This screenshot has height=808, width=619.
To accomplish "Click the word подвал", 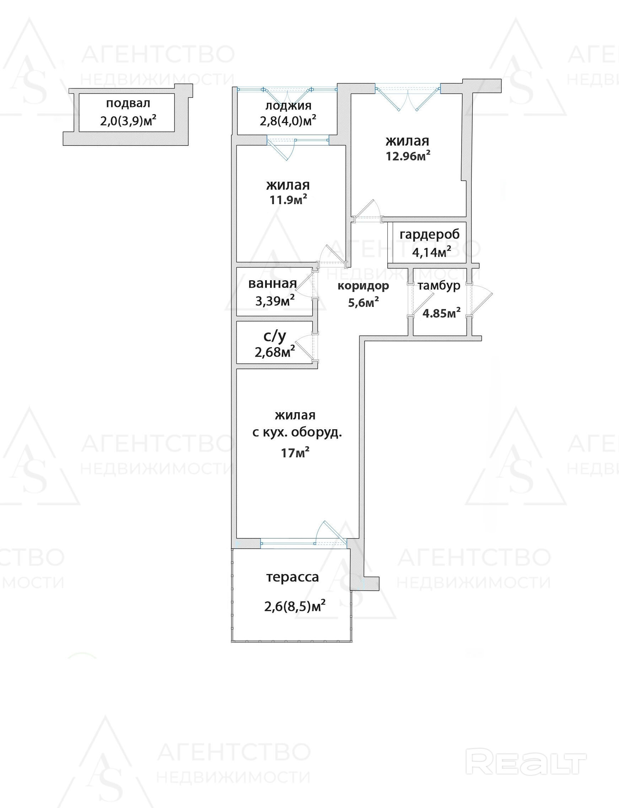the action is (128, 103).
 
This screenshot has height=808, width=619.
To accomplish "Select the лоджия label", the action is (288, 106).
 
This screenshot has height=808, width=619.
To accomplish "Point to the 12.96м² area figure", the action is (408, 156).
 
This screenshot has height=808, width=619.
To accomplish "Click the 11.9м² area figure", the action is (288, 200).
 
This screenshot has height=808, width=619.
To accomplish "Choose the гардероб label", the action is (430, 235).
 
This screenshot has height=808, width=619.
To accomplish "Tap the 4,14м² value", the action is (431, 252).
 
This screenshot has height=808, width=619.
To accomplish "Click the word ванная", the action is (272, 283).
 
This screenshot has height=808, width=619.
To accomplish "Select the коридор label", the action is (363, 286).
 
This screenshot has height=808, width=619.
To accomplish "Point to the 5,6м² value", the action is (364, 303).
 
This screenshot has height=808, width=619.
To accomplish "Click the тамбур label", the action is (439, 286).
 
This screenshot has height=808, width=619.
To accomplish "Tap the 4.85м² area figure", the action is (441, 313).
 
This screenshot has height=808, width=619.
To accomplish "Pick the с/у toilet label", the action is (274, 336).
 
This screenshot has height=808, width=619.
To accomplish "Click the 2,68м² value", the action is (274, 352).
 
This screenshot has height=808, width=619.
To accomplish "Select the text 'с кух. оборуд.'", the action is (297, 432).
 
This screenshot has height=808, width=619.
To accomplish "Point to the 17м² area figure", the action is (295, 452).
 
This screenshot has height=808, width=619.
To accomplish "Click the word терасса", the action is (292, 577).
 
